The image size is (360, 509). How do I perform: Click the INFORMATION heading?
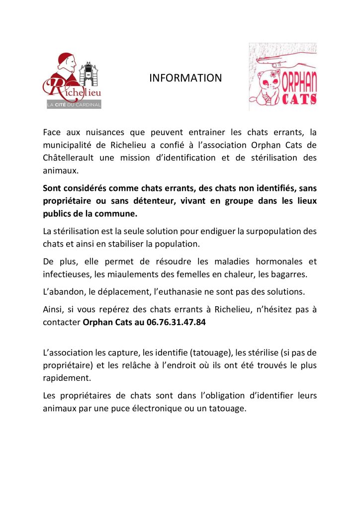click(185, 78)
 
